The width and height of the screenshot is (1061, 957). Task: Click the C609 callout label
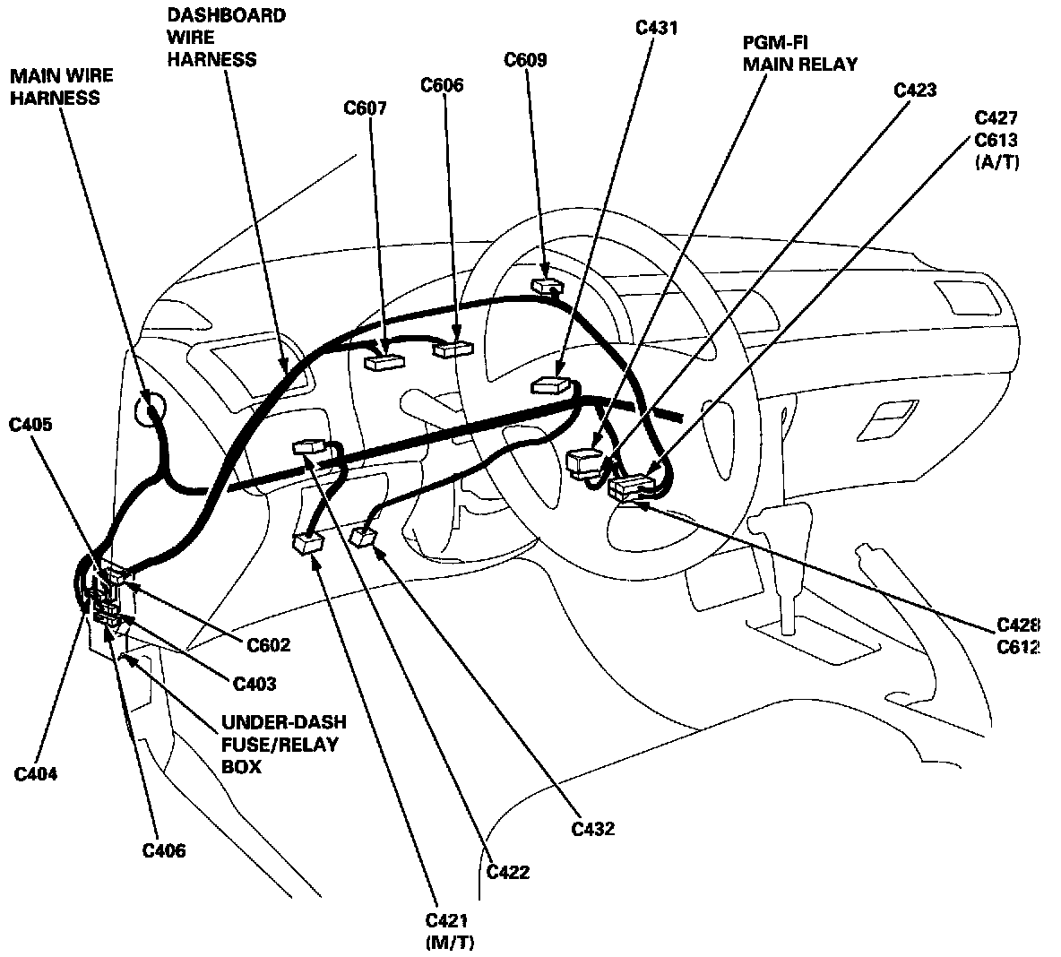tap(525, 61)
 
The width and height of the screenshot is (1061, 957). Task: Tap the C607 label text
tap(366, 108)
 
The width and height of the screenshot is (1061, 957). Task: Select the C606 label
tap(442, 86)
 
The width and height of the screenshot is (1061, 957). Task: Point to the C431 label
tap(656, 28)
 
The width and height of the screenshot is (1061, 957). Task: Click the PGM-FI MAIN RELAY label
tap(799, 54)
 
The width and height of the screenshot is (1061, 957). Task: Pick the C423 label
tap(915, 90)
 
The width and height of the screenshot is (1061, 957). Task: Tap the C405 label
tap(30, 425)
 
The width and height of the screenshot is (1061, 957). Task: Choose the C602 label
tap(269, 644)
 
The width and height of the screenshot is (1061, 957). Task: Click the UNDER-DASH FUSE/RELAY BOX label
tap(272, 744)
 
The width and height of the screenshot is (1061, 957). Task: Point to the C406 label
tap(164, 850)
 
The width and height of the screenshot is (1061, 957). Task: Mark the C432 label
tap(593, 829)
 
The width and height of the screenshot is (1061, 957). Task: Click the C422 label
tap(507, 872)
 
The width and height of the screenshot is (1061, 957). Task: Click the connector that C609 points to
tap(545, 286)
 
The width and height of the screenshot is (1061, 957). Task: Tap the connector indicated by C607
tap(385, 361)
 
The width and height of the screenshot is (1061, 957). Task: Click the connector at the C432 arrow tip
tap(364, 537)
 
